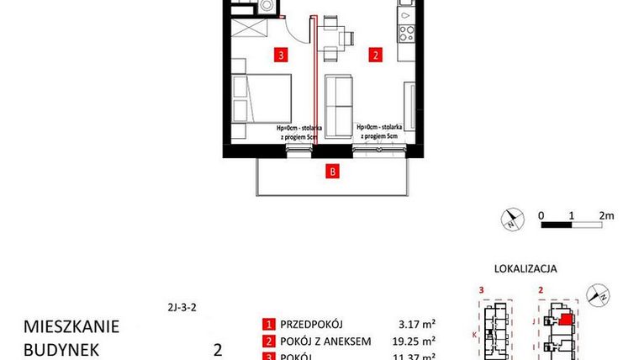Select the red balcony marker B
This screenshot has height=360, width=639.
pyautogui.click(x=333, y=173)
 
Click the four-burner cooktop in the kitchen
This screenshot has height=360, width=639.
pyautogui.click(x=406, y=34)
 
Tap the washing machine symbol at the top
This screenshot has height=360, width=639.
pyautogui.click(x=268, y=5)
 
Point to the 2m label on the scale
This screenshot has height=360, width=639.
pyautogui.click(x=606, y=215)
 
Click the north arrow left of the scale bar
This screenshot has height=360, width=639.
pyautogui.click(x=511, y=220)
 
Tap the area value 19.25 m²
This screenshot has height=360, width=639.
pyautogui.click(x=415, y=341)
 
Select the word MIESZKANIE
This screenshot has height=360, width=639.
pyautogui.click(x=71, y=326)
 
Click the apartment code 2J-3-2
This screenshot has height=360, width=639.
pyautogui.click(x=182, y=307)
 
